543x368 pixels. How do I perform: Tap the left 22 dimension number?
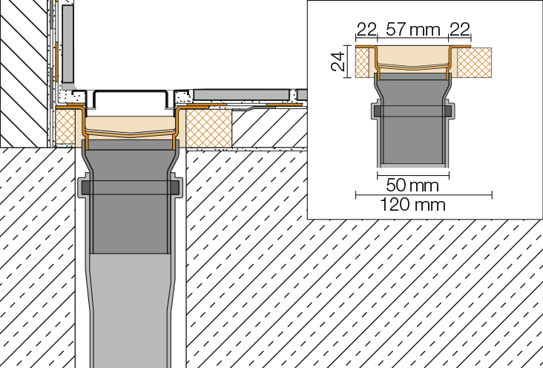click(x=366, y=29)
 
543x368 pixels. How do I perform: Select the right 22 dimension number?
click(x=460, y=29)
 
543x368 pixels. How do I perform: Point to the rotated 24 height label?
click(x=338, y=62)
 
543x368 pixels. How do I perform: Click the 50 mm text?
click(x=412, y=185)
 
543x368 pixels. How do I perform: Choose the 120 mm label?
click(x=412, y=205)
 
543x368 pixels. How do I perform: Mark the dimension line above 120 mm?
click(x=424, y=195)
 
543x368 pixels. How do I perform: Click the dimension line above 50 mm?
click(x=413, y=175)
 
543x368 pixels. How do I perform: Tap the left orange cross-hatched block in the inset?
click(x=362, y=62)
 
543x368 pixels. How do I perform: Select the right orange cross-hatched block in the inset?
click(x=475, y=62)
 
